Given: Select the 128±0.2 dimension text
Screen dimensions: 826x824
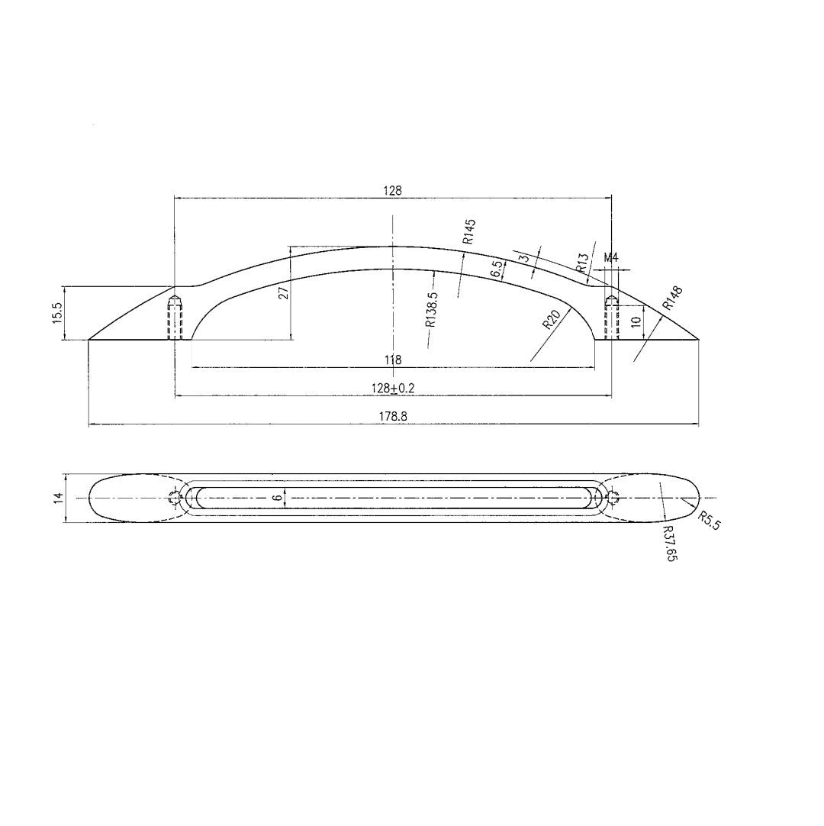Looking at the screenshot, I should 392,388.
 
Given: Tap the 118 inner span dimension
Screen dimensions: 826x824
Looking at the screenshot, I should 394,360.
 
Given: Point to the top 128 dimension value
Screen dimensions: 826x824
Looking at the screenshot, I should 392,190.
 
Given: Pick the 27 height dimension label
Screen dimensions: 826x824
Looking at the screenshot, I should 284,292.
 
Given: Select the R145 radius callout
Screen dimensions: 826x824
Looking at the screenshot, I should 468,231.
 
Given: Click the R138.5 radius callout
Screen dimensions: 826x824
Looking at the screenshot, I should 431,308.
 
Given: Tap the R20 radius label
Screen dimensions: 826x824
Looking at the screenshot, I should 552,319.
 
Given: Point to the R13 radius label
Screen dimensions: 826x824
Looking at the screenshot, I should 582,263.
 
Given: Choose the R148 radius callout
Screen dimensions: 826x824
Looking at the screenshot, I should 672,297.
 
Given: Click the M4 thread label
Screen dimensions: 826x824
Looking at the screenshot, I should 610,258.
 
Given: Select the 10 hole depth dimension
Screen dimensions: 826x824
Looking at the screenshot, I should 636,322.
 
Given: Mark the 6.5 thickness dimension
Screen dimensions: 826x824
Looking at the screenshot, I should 497,269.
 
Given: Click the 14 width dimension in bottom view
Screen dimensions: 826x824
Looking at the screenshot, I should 58,498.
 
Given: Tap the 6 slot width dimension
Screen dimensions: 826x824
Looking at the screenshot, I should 278,497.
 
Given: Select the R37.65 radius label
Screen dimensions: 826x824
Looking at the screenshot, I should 670,544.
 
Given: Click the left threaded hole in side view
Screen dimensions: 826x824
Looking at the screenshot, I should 175,317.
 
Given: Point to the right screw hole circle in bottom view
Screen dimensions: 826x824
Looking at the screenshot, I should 611,498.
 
